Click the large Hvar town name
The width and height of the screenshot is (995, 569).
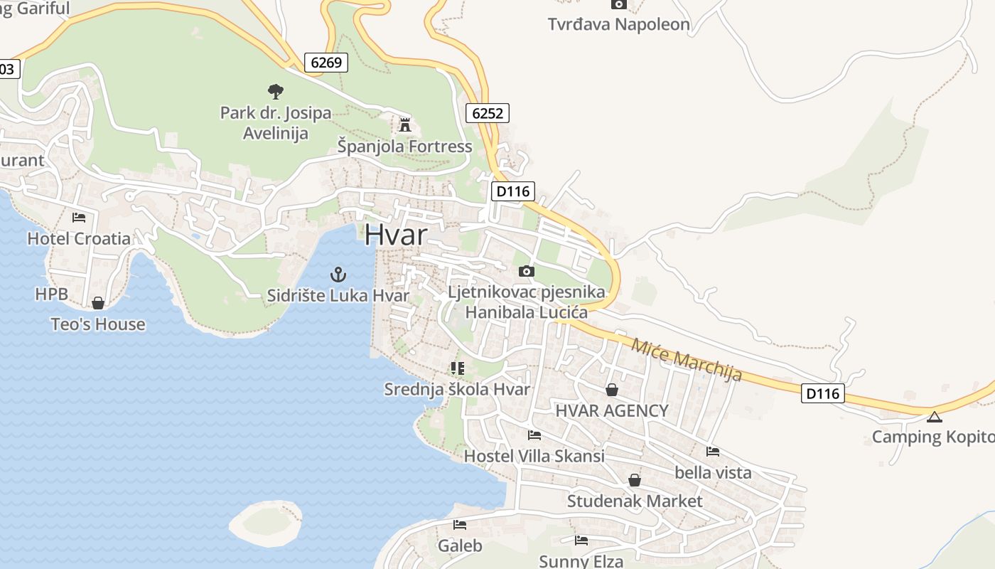pyautogui.click(x=397, y=235)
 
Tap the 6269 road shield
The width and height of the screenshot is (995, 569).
pyautogui.click(x=327, y=63)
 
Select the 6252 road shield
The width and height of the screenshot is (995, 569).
pyautogui.click(x=488, y=112)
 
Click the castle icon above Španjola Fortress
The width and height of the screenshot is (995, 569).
pyautogui.click(x=405, y=125)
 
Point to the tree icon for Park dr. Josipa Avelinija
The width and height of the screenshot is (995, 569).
pyautogui.click(x=276, y=91)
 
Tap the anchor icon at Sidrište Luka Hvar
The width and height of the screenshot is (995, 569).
pyautogui.click(x=338, y=275)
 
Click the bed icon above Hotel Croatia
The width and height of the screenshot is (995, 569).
pyautogui.click(x=79, y=218)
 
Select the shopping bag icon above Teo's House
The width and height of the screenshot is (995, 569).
pyautogui.click(x=98, y=304)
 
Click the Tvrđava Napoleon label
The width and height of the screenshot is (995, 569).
pyautogui.click(x=618, y=24)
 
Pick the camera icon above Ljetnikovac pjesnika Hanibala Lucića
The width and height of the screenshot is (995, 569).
pyautogui.click(x=526, y=271)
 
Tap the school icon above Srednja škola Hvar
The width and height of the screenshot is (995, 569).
pyautogui.click(x=457, y=368)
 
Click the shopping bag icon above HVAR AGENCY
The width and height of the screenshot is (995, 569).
pyautogui.click(x=611, y=390)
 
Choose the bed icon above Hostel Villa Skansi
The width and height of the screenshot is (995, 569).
pyautogui.click(x=534, y=435)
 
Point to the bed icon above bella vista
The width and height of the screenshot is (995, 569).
pyautogui.click(x=713, y=452)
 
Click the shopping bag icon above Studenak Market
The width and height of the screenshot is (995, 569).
pyautogui.click(x=634, y=480)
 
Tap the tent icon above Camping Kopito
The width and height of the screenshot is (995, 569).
pyautogui.click(x=934, y=417)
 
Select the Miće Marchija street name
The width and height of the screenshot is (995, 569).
pyautogui.click(x=687, y=359)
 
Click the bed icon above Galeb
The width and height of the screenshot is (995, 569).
pyautogui.click(x=460, y=525)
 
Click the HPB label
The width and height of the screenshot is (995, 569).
pyautogui.click(x=51, y=294)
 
